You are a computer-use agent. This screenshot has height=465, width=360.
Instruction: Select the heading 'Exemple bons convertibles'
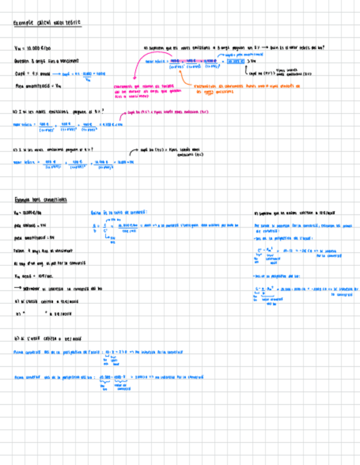(x=40, y=200)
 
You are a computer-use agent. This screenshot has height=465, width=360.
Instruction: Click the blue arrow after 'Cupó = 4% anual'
(x=57, y=73)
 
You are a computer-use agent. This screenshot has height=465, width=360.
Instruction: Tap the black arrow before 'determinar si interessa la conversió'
(x=17, y=288)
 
